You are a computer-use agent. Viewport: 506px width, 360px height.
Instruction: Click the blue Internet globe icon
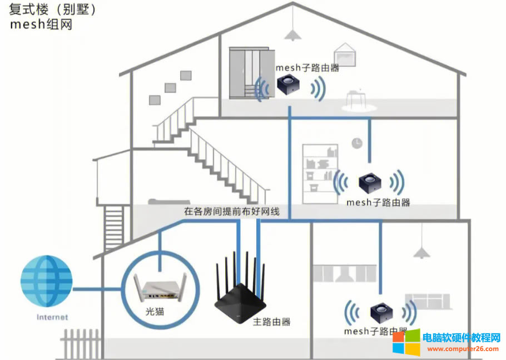[46, 281]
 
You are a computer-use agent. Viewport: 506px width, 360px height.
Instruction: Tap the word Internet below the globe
[52, 317]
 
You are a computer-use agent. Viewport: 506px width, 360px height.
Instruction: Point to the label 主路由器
[272, 322]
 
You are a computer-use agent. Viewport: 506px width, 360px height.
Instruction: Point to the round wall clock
[356, 144]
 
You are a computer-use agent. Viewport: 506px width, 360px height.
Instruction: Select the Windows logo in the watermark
[406, 341]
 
